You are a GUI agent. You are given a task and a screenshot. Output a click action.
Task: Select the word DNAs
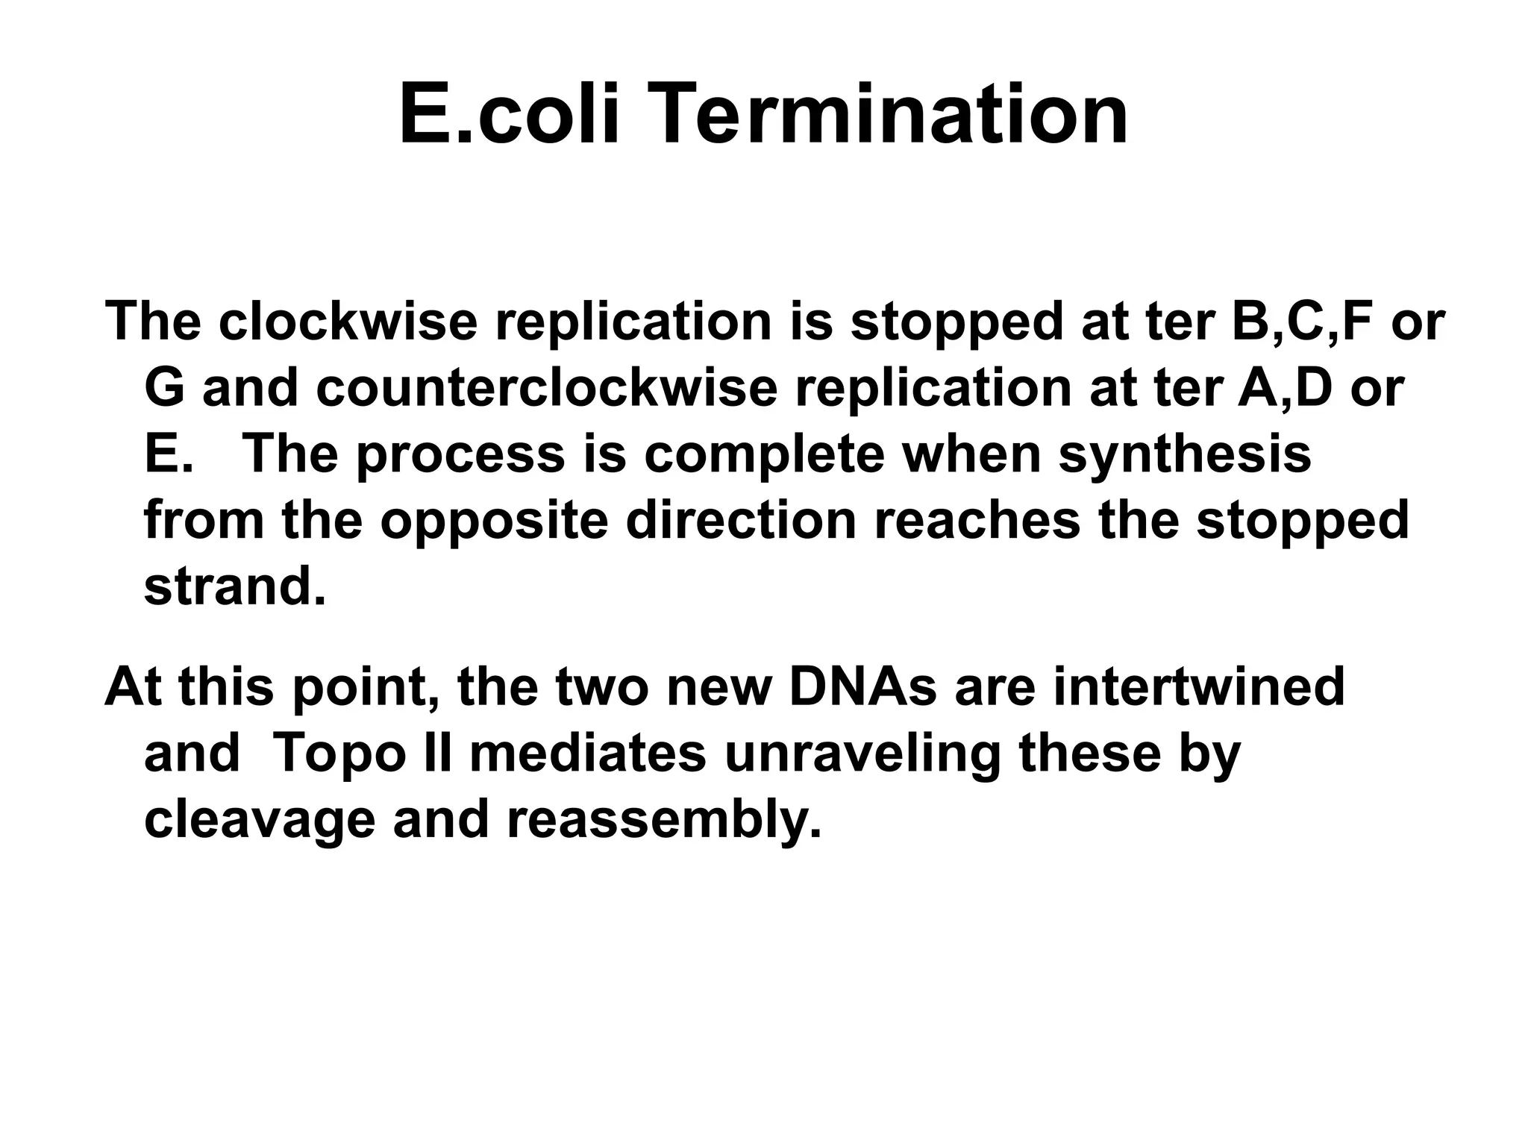click(x=862, y=686)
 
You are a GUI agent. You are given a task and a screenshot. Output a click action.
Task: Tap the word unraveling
click(x=862, y=754)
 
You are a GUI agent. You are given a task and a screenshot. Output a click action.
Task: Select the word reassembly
click(x=663, y=820)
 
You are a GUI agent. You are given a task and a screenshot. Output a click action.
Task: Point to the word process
click(x=460, y=455)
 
